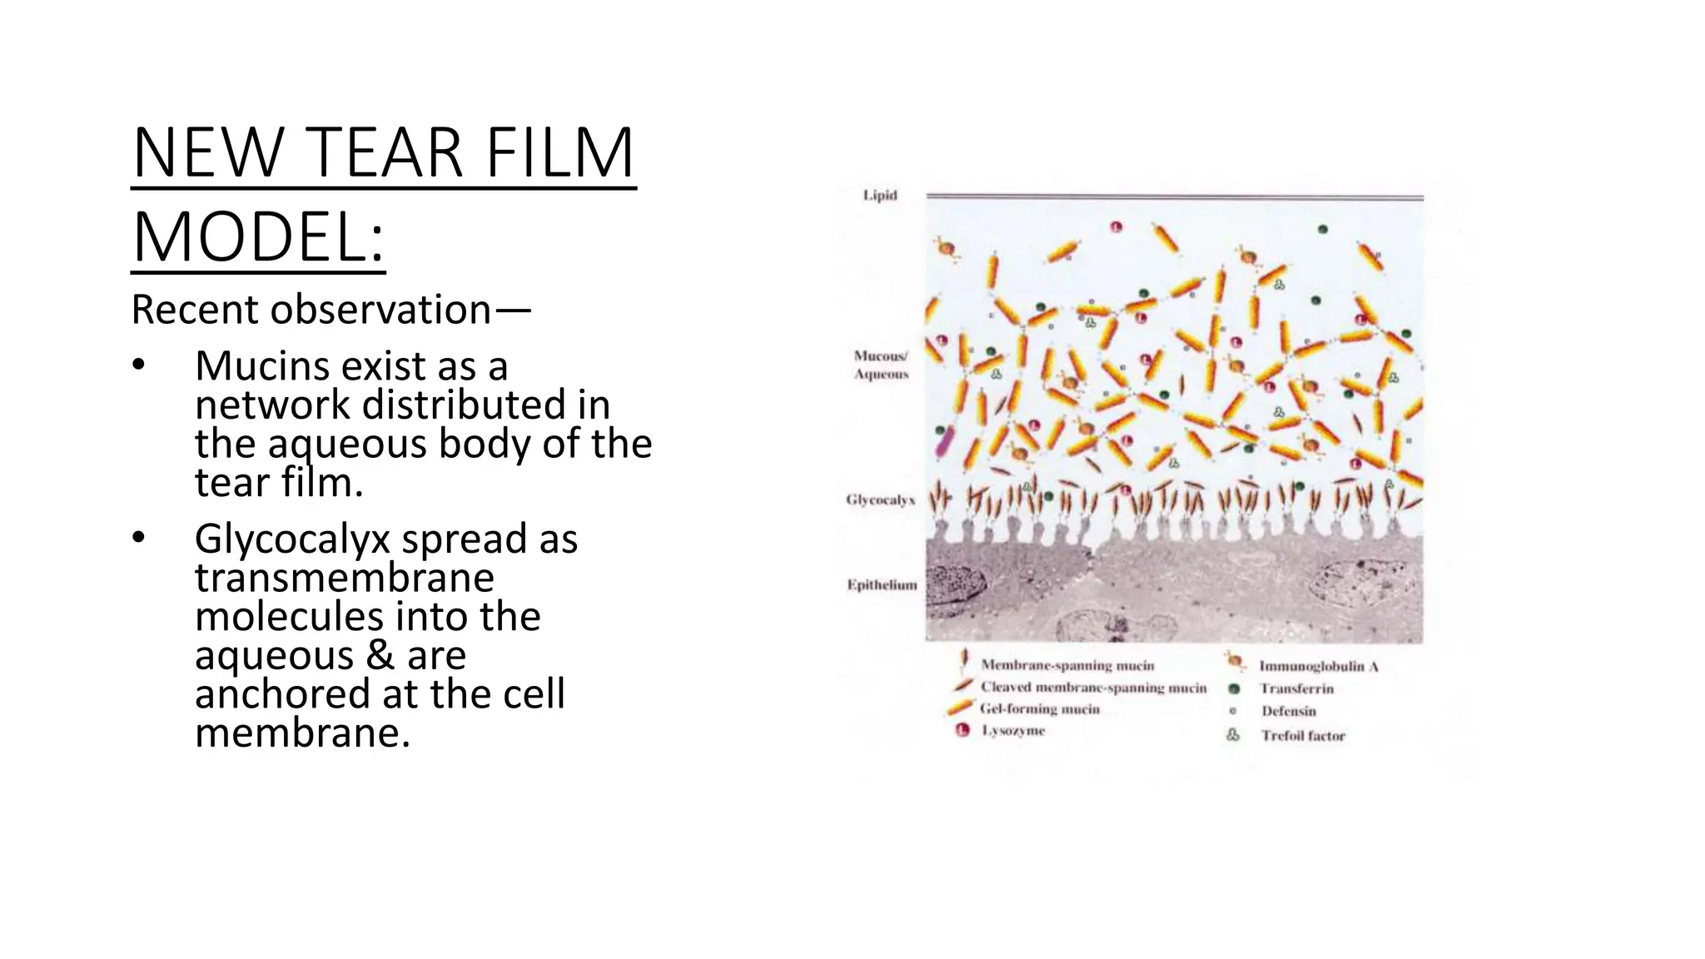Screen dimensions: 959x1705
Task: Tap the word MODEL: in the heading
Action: [x=258, y=238]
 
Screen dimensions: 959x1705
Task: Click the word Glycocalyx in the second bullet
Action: [x=292, y=539]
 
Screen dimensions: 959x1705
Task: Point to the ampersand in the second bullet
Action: [x=380, y=655]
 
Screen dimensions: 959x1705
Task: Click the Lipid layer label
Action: [x=880, y=196]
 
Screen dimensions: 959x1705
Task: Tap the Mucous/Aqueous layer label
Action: [x=881, y=365]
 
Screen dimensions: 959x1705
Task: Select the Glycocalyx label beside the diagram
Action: [x=880, y=499]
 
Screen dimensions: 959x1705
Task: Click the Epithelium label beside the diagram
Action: [x=882, y=585]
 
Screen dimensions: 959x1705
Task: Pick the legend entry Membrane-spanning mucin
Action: [x=1067, y=665]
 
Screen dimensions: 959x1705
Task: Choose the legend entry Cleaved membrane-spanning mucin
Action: [x=1093, y=688]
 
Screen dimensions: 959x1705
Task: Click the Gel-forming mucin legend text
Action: [x=1040, y=709]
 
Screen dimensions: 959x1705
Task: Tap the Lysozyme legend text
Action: [x=1013, y=731]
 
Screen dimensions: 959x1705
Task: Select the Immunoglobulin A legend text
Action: [x=1319, y=666]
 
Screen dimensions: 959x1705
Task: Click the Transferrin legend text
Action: [x=1296, y=688]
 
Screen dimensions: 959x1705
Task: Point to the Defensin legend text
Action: [x=1289, y=711]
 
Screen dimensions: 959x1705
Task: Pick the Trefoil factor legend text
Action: [x=1303, y=736]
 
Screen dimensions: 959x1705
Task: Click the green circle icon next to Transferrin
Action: [x=1234, y=688]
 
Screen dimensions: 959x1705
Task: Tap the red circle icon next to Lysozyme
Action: [x=963, y=731]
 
